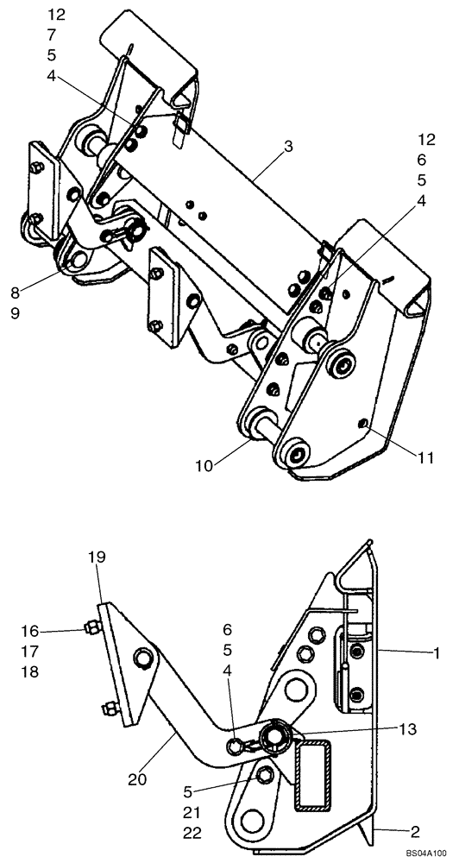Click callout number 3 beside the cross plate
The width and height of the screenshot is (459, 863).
[x=287, y=147]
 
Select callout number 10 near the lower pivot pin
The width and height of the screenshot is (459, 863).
[x=205, y=465]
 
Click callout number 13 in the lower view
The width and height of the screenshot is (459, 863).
[x=409, y=728]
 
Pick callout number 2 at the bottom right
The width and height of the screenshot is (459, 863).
[x=413, y=831]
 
